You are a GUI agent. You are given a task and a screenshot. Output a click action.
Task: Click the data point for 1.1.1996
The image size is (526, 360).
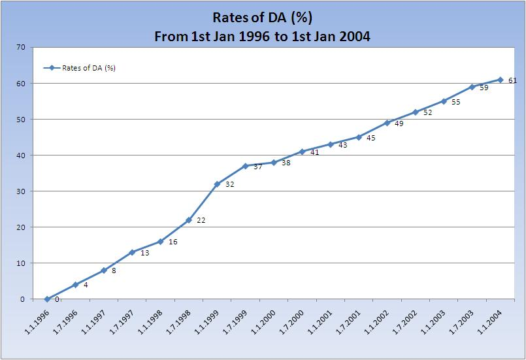point(47,299)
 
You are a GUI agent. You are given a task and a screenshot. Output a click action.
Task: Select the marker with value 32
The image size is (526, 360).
point(217,184)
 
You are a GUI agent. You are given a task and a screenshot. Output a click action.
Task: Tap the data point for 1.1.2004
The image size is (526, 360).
point(500,80)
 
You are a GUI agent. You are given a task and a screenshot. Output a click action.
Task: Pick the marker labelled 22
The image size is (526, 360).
point(188,220)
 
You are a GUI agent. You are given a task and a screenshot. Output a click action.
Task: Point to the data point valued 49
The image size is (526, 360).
point(387,123)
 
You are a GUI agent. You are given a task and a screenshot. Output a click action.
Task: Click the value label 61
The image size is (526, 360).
point(512,81)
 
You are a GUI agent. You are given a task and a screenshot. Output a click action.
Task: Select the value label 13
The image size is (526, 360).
point(145,253)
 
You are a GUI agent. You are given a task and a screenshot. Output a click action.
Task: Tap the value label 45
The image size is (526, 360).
point(371,138)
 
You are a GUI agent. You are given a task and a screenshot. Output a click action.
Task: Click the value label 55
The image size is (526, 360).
point(456,103)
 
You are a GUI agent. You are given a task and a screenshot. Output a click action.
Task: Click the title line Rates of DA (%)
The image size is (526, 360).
point(262,18)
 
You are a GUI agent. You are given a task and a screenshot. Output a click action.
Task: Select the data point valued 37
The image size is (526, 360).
point(245,166)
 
